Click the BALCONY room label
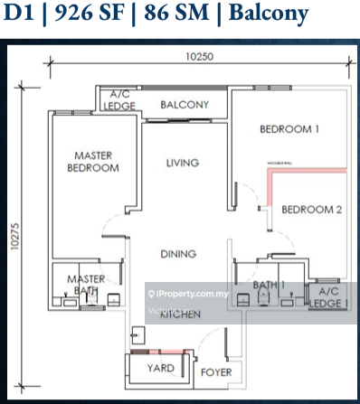(x=185, y=105)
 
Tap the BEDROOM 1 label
(x=289, y=129)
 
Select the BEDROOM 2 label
(x=311, y=210)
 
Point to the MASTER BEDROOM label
(x=94, y=162)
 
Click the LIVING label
(x=182, y=163)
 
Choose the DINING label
(x=178, y=255)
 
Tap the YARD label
(x=160, y=368)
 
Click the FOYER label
(x=215, y=371)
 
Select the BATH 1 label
(x=269, y=285)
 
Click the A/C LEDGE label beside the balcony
(x=121, y=99)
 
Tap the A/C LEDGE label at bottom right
(x=327, y=297)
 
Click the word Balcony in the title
(x=262, y=15)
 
